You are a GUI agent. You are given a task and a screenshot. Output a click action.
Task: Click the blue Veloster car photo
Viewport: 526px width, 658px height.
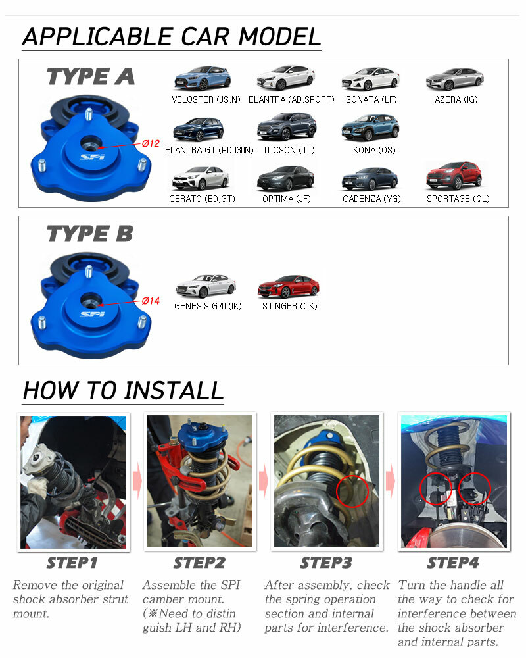202,78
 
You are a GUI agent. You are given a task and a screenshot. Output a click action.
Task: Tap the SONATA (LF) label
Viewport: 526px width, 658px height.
371,99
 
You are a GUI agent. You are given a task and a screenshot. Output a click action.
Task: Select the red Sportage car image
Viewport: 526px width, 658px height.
454,176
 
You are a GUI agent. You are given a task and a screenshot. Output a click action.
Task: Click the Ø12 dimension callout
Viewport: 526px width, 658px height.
151,143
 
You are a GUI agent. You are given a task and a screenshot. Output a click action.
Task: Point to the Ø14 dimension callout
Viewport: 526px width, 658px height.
151,301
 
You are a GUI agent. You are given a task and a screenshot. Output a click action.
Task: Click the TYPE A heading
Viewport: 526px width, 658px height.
91,76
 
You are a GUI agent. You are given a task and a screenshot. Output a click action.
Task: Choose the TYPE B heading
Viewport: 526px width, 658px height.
90,234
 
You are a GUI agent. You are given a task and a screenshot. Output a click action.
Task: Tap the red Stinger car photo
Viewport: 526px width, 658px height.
289,287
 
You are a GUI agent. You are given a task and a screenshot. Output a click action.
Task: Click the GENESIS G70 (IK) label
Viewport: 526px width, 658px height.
208,307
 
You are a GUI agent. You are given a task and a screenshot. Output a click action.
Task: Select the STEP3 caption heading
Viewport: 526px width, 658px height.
326,563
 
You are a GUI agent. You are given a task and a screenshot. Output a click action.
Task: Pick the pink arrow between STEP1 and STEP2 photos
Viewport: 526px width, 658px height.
137,480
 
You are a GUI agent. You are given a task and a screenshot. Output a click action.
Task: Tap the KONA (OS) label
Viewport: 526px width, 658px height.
374,150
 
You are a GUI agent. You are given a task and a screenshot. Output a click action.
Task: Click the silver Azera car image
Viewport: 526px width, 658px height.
455,80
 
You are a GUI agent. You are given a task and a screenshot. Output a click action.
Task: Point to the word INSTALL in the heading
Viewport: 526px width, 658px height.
174,390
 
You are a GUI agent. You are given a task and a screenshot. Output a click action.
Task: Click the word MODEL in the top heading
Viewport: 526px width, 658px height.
280,36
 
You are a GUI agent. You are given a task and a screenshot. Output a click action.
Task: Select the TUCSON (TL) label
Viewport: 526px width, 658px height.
289,150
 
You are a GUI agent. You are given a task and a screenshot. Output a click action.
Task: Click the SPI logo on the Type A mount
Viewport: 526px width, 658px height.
92,157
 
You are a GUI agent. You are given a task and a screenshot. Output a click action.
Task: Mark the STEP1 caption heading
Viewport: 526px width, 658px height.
72,563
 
